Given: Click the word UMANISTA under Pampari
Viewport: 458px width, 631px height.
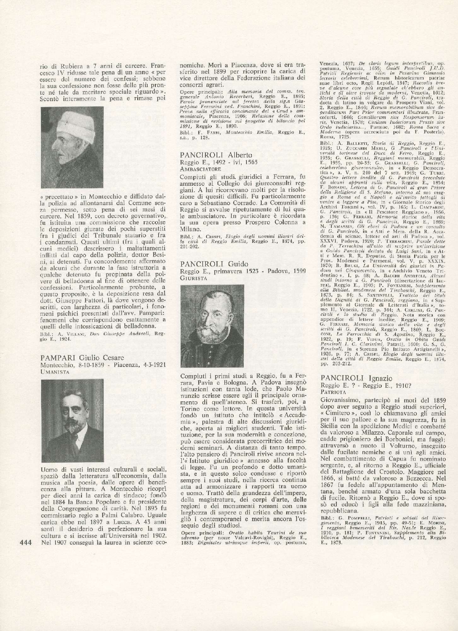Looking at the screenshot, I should [55, 372].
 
